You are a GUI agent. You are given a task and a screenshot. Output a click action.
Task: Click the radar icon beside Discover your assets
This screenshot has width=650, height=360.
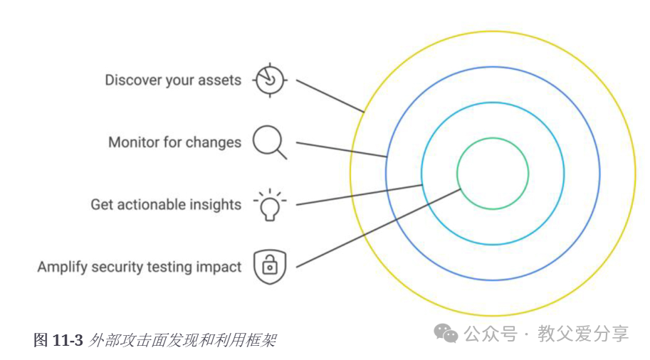[x=269, y=80]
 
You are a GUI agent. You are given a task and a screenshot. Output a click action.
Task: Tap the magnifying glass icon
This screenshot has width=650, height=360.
[x=270, y=141]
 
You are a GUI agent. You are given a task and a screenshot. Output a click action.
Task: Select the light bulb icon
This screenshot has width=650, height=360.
[x=269, y=205]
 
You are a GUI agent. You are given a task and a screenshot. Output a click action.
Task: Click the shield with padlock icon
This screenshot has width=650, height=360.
[x=269, y=267]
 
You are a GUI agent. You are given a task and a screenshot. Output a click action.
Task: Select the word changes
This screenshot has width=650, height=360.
[x=214, y=142]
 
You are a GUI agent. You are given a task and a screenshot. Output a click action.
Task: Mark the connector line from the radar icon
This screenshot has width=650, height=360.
[x=329, y=96]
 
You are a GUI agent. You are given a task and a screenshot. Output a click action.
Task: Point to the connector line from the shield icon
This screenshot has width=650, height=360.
[x=377, y=228]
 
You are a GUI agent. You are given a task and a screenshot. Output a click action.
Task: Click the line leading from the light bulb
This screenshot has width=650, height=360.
[x=360, y=195]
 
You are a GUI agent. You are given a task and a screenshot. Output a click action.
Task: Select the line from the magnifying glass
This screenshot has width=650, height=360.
[x=342, y=149]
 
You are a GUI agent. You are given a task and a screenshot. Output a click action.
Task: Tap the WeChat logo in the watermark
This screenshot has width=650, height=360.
[x=446, y=333]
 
